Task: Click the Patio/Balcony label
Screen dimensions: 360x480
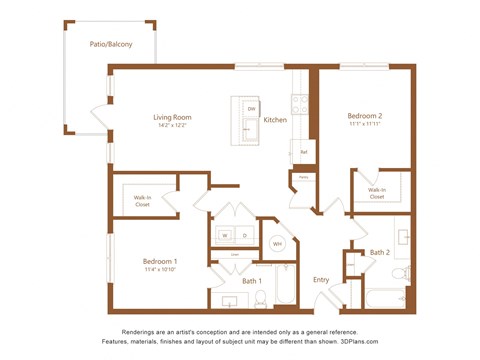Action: (110, 44)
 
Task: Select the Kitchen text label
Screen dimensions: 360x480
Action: (275, 120)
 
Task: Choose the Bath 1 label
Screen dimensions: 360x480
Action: (251, 281)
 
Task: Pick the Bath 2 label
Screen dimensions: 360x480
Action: (379, 252)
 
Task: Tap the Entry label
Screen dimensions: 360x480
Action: (321, 279)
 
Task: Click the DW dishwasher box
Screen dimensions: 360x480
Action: (251, 108)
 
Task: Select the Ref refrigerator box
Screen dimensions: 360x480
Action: (303, 152)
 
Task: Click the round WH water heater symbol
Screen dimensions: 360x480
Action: (277, 244)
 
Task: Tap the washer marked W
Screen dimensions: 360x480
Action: (224, 236)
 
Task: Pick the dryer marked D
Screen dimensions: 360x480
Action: (244, 236)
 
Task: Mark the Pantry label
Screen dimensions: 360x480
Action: (302, 178)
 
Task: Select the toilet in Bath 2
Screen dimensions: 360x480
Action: (400, 272)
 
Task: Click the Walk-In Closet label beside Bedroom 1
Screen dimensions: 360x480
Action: (144, 200)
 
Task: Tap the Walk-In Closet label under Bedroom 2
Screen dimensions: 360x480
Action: (377, 193)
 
